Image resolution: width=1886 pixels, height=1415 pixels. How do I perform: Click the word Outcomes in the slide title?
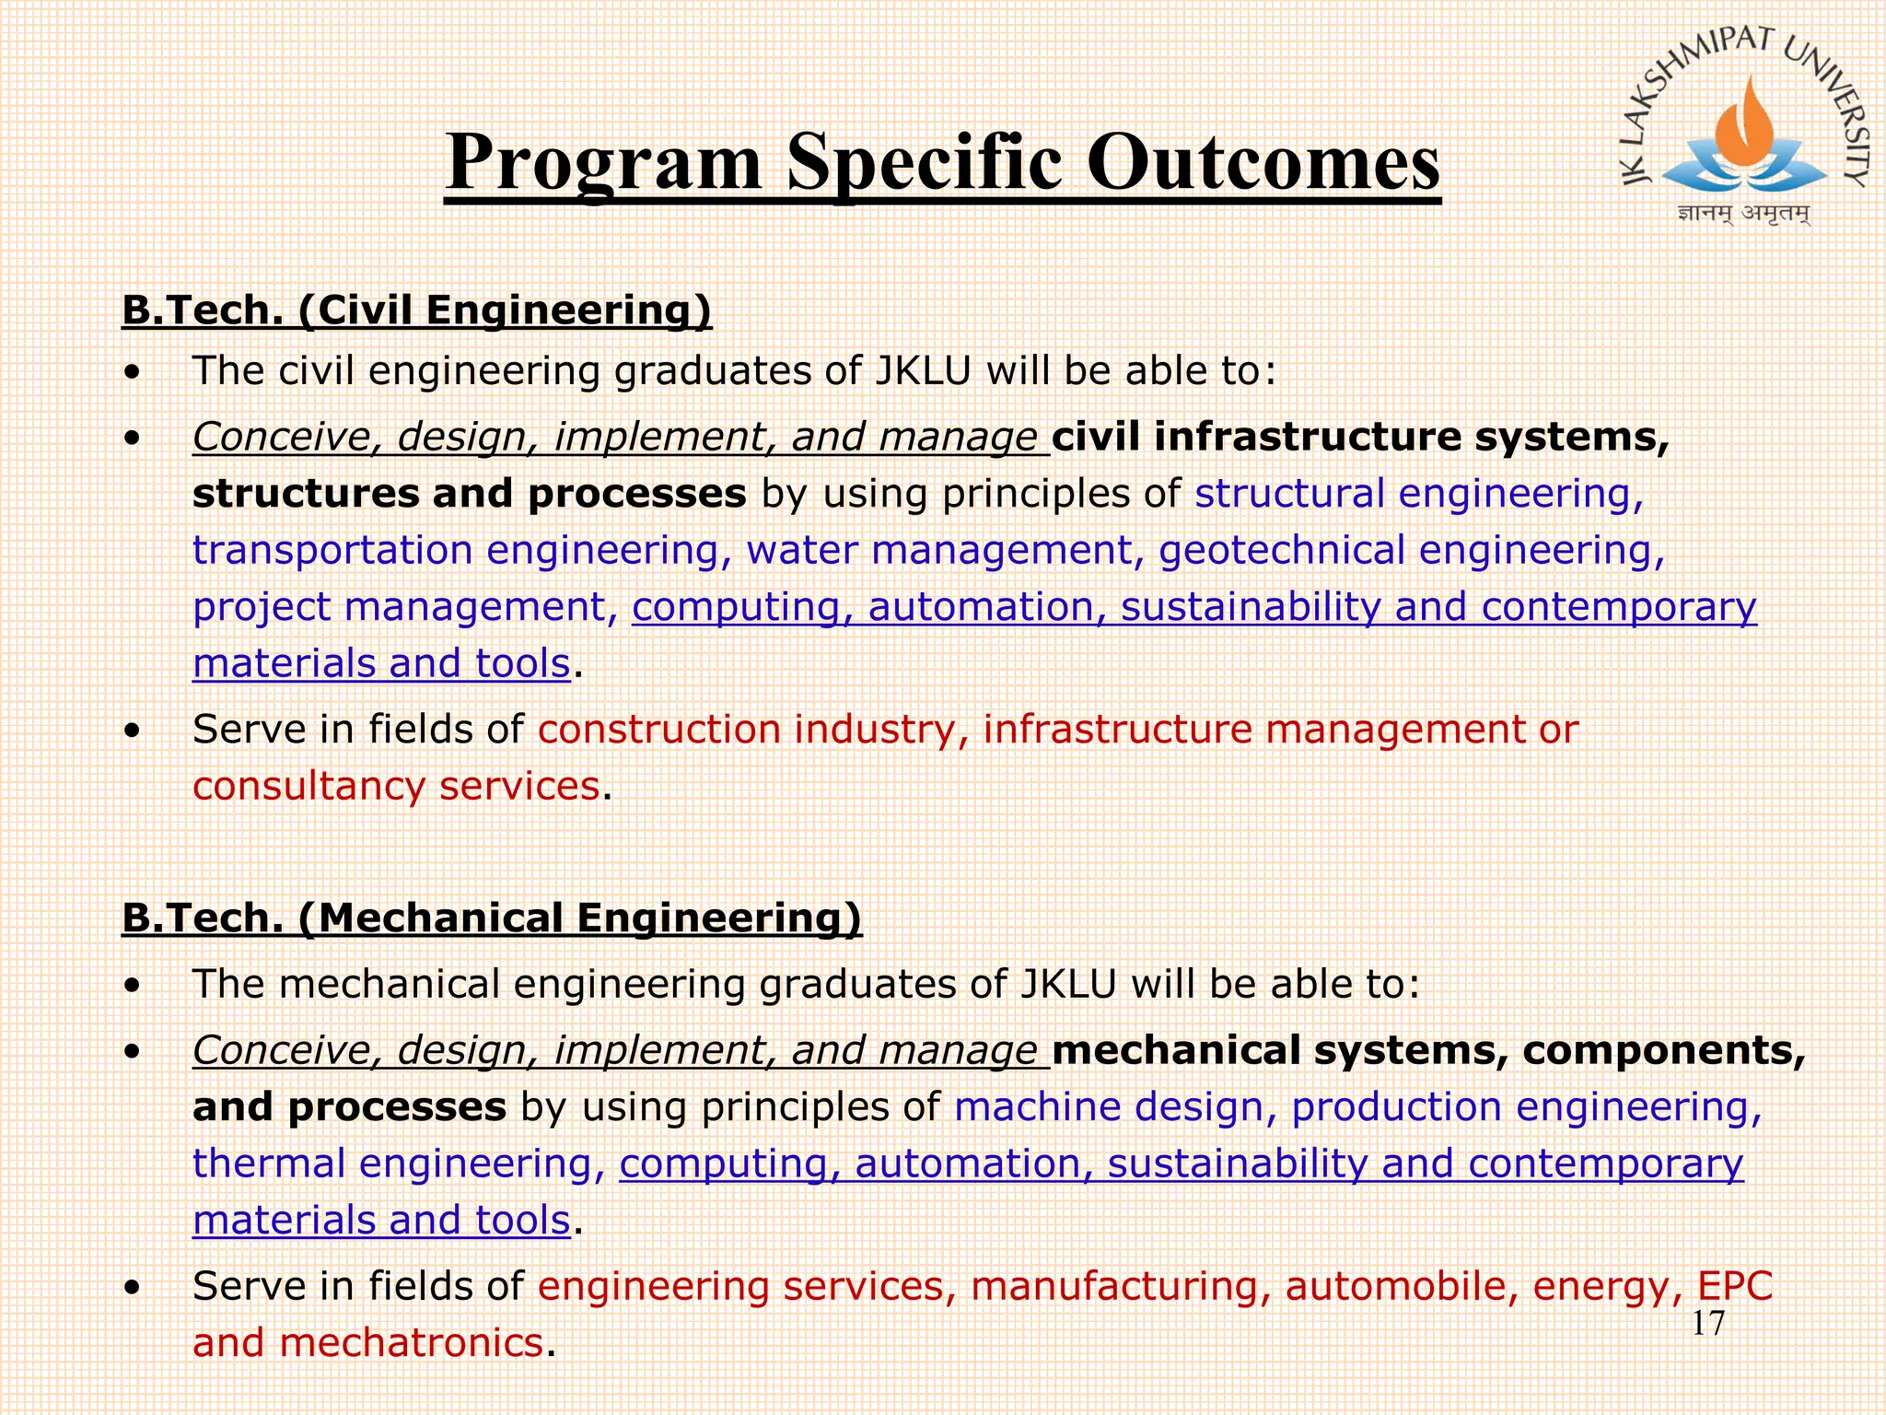pos(1263,162)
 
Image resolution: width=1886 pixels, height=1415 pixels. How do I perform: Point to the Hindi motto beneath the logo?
pos(1743,214)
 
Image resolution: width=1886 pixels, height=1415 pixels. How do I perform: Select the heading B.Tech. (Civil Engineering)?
pos(416,310)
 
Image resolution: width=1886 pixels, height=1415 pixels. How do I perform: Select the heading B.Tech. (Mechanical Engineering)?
pos(492,918)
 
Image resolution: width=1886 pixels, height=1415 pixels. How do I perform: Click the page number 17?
pos(1707,1324)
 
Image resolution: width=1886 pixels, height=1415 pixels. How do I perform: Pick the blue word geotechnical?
pos(1281,550)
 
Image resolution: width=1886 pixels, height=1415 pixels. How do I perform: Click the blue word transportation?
pos(332,550)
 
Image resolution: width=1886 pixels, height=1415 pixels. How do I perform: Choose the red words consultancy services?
pos(396,786)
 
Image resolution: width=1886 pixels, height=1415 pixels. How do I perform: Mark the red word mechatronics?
pos(411,1342)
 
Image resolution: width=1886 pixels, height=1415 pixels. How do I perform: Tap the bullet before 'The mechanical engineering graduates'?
pos(134,987)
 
